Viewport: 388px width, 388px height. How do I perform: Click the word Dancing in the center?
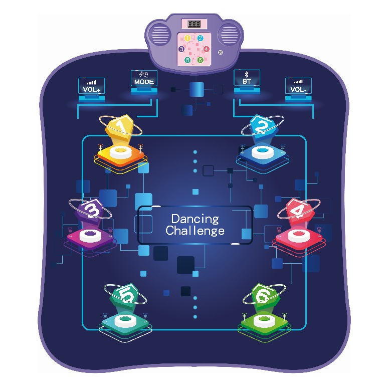(x=195, y=219)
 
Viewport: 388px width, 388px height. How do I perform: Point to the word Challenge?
(x=195, y=231)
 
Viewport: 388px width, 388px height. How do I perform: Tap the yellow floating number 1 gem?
(x=120, y=127)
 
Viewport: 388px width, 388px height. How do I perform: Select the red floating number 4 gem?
(x=299, y=211)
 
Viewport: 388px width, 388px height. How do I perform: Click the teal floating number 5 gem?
(x=125, y=295)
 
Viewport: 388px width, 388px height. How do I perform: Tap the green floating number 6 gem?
(x=265, y=296)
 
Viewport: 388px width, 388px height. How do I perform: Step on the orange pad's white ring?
(x=120, y=152)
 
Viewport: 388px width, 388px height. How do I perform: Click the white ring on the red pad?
(x=299, y=235)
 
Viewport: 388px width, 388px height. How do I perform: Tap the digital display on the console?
(x=194, y=24)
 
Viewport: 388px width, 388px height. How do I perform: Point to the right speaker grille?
(x=229, y=35)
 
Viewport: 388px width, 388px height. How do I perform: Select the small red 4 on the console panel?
(x=206, y=49)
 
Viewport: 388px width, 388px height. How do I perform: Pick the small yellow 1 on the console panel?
(x=187, y=38)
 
